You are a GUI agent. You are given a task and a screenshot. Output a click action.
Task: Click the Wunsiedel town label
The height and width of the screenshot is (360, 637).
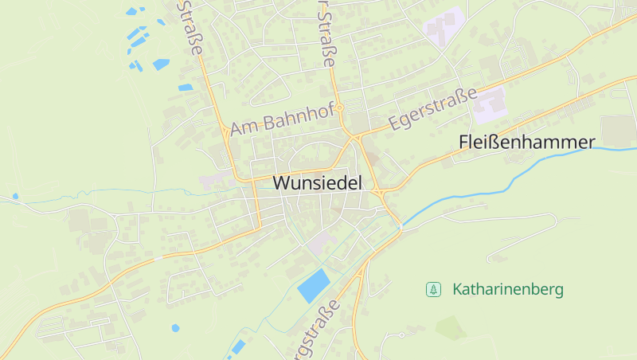pyautogui.click(x=317, y=182)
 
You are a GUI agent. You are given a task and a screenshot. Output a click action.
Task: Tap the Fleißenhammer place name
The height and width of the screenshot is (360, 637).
pyautogui.click(x=526, y=143)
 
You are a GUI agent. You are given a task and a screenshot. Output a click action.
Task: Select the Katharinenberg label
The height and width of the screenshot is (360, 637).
pyautogui.click(x=507, y=289)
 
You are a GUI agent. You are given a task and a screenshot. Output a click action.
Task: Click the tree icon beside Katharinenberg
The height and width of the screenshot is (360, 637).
pyautogui.click(x=433, y=289)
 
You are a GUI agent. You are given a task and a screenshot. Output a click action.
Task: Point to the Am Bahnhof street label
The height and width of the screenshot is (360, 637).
pyautogui.click(x=281, y=122)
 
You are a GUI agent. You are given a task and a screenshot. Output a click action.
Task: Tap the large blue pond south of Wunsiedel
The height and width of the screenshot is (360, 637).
pyautogui.click(x=314, y=285)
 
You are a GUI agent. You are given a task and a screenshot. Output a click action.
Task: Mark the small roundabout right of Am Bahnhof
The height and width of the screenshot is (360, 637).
pyautogui.click(x=339, y=107)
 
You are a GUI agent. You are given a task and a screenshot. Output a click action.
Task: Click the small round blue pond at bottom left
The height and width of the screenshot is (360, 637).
pyautogui.click(x=175, y=327)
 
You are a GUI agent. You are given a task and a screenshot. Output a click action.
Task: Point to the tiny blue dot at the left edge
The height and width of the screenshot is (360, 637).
pyautogui.click(x=14, y=196)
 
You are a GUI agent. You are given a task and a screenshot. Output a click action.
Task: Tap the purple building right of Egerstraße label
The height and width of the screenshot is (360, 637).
pyautogui.click(x=490, y=106)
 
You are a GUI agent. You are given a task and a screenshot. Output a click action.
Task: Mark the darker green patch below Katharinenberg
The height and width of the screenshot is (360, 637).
pyautogui.click(x=451, y=327)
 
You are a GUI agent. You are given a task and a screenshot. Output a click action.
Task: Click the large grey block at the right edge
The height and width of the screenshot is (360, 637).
pyautogui.click(x=619, y=131)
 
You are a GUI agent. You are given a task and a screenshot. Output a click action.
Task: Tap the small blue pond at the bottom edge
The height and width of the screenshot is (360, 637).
pyautogui.click(x=237, y=346)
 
